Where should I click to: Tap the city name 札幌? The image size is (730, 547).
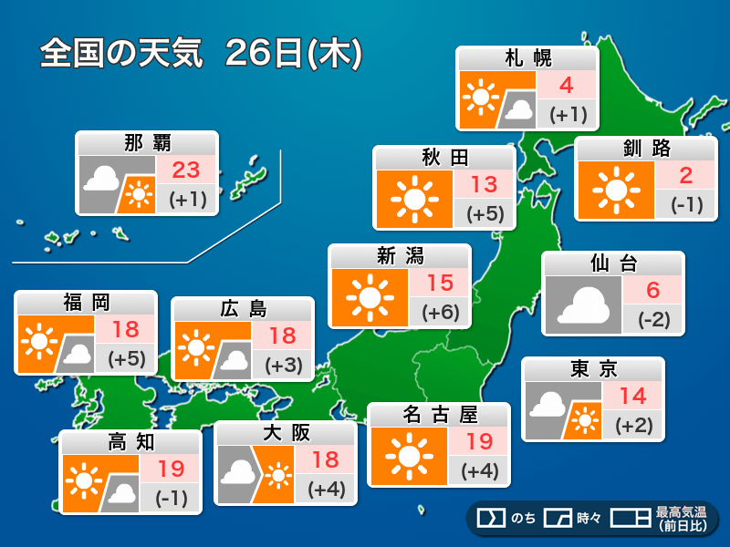pyautogui.click(x=527, y=58)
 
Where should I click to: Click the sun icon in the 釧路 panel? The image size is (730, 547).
pyautogui.click(x=614, y=190)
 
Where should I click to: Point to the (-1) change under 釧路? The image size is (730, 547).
pyautogui.click(x=685, y=204)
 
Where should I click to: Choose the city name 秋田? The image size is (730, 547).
pyautogui.click(x=444, y=158)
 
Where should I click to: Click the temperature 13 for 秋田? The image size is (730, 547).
pyautogui.click(x=484, y=185)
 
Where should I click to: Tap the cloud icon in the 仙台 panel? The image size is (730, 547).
pyautogui.click(x=582, y=305)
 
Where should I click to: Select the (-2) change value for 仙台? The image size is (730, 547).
pyautogui.click(x=652, y=319)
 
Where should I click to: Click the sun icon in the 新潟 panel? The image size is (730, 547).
pyautogui.click(x=369, y=296)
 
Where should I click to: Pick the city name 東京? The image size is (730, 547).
pyautogui.click(x=593, y=369)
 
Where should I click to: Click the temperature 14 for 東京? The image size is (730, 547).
pyautogui.click(x=632, y=397)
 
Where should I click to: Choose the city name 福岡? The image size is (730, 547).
pyautogui.click(x=87, y=303)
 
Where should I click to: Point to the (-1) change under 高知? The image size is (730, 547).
pyautogui.click(x=171, y=498)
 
